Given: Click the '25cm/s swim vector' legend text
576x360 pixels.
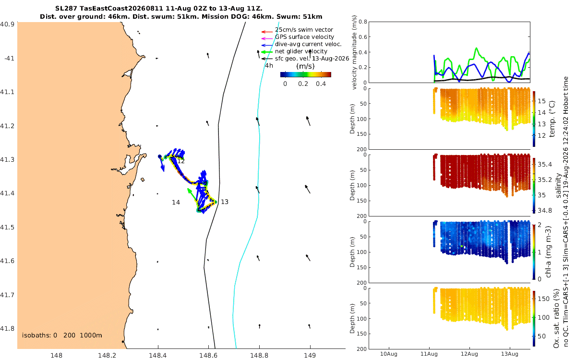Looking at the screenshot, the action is click(x=304, y=30).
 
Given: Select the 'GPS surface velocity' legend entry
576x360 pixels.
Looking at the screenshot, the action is click(x=304, y=37).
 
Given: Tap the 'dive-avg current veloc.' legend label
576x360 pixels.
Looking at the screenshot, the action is click(x=308, y=44).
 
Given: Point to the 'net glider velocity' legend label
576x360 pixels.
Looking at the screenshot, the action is click(x=301, y=51).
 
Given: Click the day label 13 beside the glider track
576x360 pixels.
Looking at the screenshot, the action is click(x=225, y=202).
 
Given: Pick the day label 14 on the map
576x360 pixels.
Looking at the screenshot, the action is click(x=176, y=203).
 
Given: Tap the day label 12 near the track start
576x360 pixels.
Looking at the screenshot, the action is click(x=181, y=161).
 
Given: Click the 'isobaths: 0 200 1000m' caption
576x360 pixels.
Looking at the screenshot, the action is click(x=62, y=336).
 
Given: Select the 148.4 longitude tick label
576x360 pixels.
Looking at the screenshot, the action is click(x=157, y=355).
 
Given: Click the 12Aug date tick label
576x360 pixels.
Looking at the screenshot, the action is click(x=469, y=354).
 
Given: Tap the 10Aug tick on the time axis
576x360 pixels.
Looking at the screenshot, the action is click(x=388, y=354).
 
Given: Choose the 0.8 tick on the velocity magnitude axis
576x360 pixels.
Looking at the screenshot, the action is click(x=363, y=22).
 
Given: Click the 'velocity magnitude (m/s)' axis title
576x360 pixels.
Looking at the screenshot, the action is click(x=354, y=52).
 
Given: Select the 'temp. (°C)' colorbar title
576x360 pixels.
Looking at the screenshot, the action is click(x=552, y=119).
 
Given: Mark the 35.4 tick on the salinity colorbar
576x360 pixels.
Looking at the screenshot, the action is click(x=545, y=165).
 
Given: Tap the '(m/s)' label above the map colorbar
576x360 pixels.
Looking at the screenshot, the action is click(x=305, y=66).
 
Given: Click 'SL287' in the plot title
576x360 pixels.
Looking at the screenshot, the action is click(x=66, y=9).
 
